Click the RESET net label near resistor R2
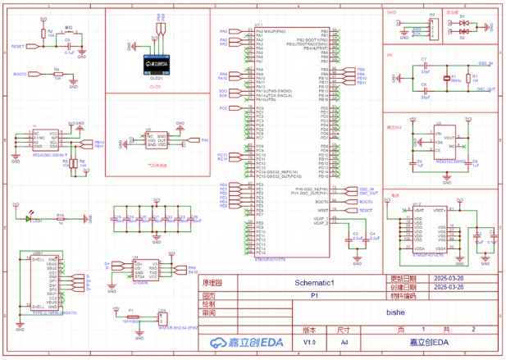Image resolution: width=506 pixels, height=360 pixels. (x=18, y=48)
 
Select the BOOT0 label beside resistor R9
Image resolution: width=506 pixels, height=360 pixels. (x=21, y=75)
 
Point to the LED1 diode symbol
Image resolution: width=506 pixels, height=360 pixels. (x=34, y=219)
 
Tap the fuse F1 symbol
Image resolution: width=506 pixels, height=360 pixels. (x=130, y=316)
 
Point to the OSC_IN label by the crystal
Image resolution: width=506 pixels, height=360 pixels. (x=485, y=62)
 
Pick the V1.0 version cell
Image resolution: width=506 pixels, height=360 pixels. (x=309, y=341)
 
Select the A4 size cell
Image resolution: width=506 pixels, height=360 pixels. (x=344, y=341)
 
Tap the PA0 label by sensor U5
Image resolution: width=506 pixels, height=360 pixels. (x=204, y=140)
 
